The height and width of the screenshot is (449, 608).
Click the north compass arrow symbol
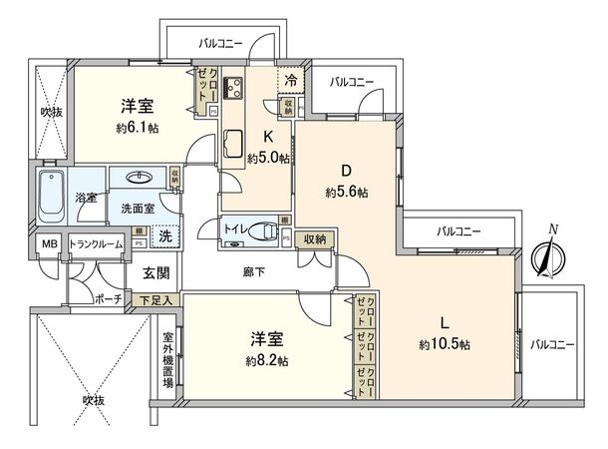click(545, 256)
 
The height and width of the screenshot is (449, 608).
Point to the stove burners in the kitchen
click(236, 87)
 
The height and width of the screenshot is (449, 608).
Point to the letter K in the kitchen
click(267, 137)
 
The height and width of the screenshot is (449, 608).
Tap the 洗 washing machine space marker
click(166, 236)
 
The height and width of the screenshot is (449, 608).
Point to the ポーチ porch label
click(107, 298)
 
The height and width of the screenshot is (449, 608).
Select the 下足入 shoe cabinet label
click(156, 298)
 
